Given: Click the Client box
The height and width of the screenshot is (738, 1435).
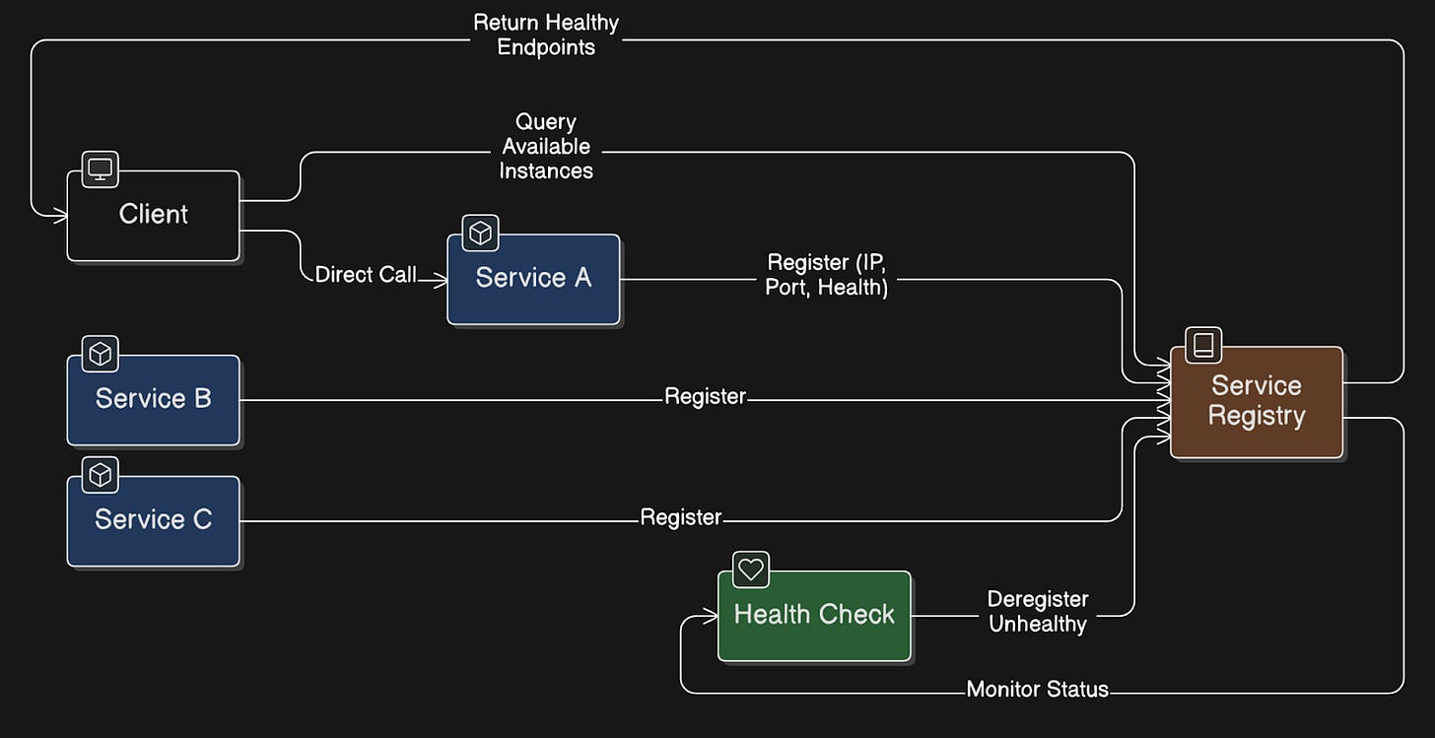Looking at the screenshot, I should pyautogui.click(x=154, y=216).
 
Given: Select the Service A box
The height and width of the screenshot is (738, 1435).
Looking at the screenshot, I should pyautogui.click(x=533, y=279).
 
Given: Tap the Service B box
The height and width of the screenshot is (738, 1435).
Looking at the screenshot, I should pyautogui.click(x=154, y=399).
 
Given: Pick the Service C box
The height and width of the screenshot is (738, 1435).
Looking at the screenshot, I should pyautogui.click(x=154, y=520).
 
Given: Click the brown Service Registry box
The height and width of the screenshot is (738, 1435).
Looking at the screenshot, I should pyautogui.click(x=1257, y=401).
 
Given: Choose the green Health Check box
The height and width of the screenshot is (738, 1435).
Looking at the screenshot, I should pyautogui.click(x=814, y=615).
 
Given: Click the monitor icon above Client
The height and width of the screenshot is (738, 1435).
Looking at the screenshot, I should pyautogui.click(x=100, y=169).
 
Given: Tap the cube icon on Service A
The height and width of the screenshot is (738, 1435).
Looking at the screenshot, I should pyautogui.click(x=480, y=233).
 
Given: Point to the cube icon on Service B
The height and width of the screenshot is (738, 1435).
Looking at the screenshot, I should pyautogui.click(x=100, y=353).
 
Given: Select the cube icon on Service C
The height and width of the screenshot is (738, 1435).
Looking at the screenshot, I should pyautogui.click(x=100, y=475).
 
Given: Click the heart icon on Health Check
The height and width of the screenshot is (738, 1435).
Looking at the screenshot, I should pyautogui.click(x=751, y=570).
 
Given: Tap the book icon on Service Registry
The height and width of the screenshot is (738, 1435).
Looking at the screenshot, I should pyautogui.click(x=1203, y=345).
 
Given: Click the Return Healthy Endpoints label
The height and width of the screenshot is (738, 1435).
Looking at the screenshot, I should pyautogui.click(x=546, y=34).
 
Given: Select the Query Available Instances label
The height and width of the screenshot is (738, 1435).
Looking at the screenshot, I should pyautogui.click(x=546, y=147).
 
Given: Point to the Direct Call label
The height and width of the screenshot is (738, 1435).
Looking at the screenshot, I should pyautogui.click(x=366, y=275).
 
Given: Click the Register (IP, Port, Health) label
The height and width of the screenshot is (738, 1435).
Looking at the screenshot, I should pyautogui.click(x=827, y=276).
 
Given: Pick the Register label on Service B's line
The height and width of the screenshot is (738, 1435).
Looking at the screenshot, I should pyautogui.click(x=705, y=397).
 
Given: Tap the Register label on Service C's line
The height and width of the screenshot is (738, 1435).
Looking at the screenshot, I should pyautogui.click(x=681, y=517).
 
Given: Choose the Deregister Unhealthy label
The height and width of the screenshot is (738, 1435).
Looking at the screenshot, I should pyautogui.click(x=1038, y=612).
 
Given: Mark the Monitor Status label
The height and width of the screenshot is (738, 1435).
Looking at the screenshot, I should pyautogui.click(x=1038, y=690).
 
